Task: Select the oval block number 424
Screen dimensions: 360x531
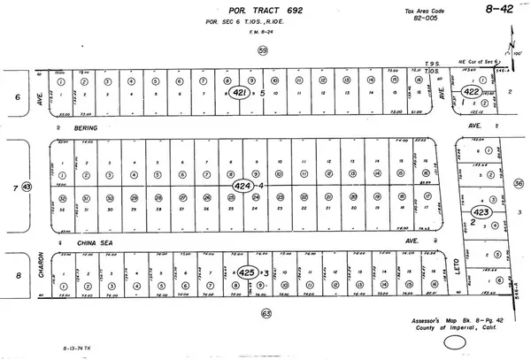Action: click(x=242, y=187)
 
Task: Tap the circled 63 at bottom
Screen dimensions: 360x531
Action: click(x=265, y=313)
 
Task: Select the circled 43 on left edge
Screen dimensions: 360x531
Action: click(x=27, y=187)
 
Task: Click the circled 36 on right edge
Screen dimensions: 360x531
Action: click(x=518, y=183)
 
